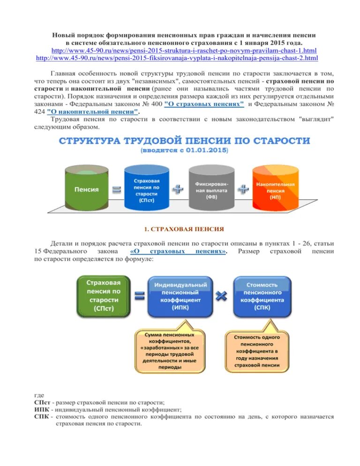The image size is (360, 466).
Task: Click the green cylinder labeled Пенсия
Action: (x=86, y=188)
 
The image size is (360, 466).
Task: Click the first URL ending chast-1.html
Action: (x=184, y=50)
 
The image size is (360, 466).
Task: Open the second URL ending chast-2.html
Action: (x=177, y=58)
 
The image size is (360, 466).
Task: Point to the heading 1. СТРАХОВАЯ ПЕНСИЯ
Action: (x=184, y=229)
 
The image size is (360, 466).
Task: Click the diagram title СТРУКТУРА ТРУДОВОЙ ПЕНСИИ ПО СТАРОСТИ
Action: (x=184, y=141)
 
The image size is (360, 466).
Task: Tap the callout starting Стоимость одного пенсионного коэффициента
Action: (x=257, y=351)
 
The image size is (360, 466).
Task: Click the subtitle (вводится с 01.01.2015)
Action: (x=184, y=150)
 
